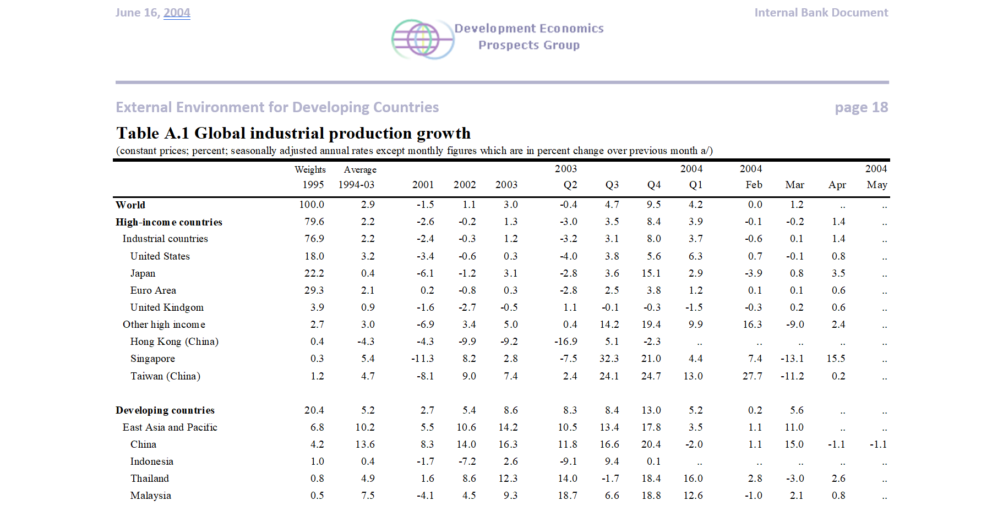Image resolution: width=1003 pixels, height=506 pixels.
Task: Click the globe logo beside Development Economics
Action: (x=422, y=40)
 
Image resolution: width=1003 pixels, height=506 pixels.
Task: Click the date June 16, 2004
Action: (x=152, y=13)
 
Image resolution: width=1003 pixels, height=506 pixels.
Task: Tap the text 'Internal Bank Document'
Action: (x=821, y=13)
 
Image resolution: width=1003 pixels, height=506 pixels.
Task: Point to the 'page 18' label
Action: (x=861, y=107)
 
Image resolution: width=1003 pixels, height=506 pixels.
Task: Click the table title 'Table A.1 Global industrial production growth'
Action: (x=293, y=133)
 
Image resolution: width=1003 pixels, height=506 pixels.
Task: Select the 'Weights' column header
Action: (x=310, y=169)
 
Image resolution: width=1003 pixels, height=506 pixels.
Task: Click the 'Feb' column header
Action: (x=754, y=185)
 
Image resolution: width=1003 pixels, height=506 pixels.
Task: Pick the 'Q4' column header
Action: (x=654, y=185)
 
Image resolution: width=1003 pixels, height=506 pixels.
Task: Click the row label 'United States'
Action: (x=160, y=256)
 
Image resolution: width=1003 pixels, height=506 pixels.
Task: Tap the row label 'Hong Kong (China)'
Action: (x=174, y=342)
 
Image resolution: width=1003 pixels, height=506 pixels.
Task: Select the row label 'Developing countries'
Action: (x=165, y=410)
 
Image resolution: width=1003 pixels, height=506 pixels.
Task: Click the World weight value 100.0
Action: (x=312, y=205)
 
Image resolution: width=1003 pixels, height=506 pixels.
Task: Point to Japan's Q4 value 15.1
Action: (x=651, y=273)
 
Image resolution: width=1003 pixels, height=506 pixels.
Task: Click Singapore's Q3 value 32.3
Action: (x=609, y=359)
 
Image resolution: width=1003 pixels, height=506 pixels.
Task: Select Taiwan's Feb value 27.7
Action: (x=752, y=376)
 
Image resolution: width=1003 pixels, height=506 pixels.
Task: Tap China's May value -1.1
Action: (x=878, y=444)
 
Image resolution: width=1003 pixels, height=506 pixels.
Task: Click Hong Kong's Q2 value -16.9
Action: (x=566, y=342)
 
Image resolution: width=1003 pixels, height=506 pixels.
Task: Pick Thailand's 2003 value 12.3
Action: (x=508, y=479)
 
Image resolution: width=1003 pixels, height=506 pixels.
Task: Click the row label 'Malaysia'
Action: (x=150, y=496)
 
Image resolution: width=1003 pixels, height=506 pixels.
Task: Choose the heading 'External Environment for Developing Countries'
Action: (x=277, y=107)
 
